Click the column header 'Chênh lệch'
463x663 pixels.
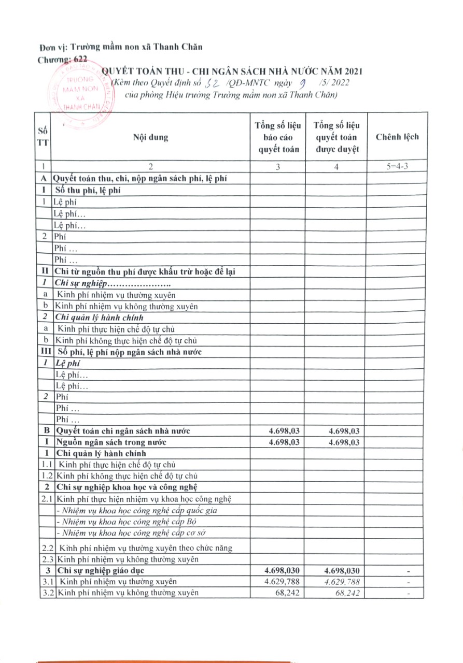pyautogui.click(x=397, y=137)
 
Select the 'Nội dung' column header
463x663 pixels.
pyautogui.click(x=150, y=137)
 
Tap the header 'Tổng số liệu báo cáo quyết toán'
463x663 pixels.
pyautogui.click(x=278, y=137)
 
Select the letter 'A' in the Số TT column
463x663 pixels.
pyautogui.click(x=45, y=178)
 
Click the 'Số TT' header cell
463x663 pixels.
pyautogui.click(x=45, y=137)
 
